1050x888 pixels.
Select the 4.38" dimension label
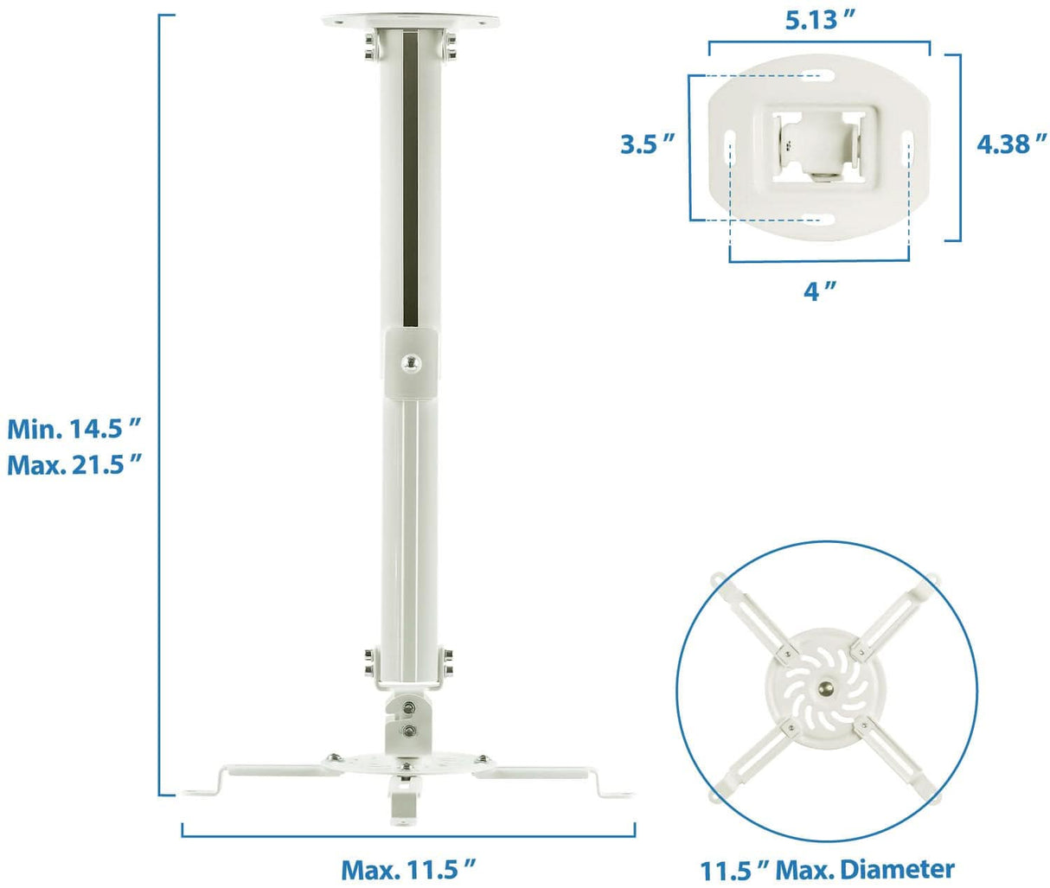point(1011,144)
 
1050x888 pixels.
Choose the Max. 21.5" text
point(74,465)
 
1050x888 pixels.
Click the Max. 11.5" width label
point(408,867)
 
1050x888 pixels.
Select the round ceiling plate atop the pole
point(411,22)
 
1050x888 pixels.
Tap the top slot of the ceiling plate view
point(819,76)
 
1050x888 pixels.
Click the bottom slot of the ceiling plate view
point(819,219)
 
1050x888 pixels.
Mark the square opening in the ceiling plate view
point(819,144)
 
